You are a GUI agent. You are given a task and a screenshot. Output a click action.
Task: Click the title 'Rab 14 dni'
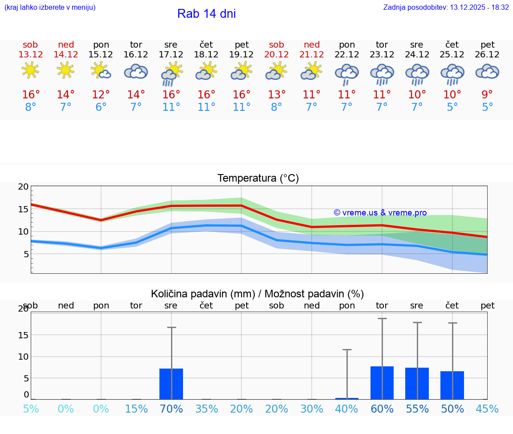point(206,14)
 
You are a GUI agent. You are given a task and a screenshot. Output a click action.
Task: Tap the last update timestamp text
point(446,8)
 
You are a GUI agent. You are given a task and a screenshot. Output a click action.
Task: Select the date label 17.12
point(171,55)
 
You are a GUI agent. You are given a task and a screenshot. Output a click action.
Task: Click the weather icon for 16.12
point(136,72)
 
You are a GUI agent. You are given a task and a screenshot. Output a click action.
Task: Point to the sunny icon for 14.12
point(65,70)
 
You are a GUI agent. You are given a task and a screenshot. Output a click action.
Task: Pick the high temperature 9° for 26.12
point(488,95)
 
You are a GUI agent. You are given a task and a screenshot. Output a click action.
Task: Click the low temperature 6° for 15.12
point(101,107)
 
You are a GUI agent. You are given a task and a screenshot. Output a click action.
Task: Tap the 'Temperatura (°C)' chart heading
point(258,178)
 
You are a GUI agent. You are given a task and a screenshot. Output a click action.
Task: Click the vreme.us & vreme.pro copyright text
point(380,213)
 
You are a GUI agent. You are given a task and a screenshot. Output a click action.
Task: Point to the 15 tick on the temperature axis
point(23,209)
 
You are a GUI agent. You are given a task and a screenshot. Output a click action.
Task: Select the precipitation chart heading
point(257,294)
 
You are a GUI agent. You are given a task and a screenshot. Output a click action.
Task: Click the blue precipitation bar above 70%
point(171,384)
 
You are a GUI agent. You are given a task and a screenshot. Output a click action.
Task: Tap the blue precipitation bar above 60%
point(382,383)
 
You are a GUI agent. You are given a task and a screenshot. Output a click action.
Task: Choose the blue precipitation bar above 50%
point(452,385)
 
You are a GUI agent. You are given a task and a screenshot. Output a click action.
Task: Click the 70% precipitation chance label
point(171,409)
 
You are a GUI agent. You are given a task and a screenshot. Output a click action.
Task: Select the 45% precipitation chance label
point(487,409)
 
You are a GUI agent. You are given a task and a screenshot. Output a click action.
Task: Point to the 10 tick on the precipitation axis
point(23,357)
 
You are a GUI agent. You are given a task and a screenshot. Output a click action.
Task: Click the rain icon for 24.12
point(417,74)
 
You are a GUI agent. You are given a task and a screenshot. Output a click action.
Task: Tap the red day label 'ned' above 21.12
point(312,45)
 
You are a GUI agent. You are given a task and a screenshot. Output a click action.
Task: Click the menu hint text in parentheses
point(50,8)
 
